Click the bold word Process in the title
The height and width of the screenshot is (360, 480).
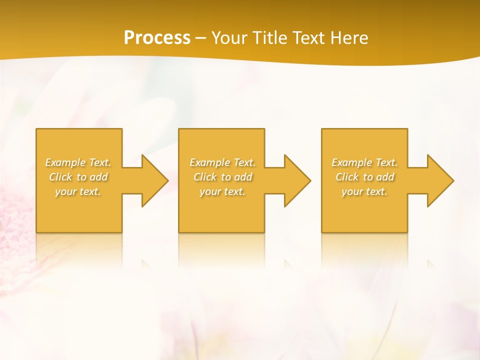[157, 38]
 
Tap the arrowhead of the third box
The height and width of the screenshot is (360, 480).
[439, 180]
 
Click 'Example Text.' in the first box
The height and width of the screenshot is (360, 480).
[78, 162]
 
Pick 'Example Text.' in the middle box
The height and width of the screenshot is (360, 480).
[222, 162]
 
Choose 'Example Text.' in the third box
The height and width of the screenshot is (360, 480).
[364, 162]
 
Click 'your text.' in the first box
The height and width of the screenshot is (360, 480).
[78, 191]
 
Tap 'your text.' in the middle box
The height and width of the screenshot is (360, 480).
[222, 191]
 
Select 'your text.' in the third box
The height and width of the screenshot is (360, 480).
[364, 191]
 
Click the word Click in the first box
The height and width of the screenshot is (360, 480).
[60, 177]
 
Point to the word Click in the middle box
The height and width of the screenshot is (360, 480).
[205, 177]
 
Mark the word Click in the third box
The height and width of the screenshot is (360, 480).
[347, 177]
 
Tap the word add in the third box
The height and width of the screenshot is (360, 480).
[385, 177]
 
